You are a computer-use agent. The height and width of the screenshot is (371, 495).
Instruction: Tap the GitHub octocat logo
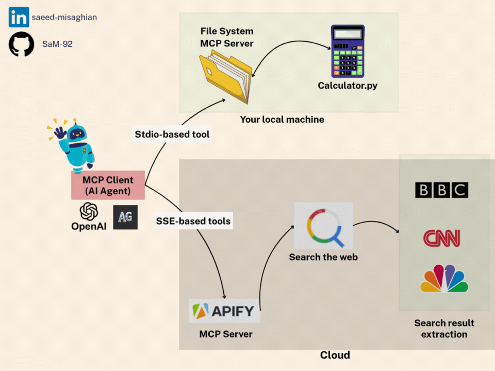point(21,44)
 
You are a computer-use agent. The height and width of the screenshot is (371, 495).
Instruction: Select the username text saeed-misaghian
point(64,18)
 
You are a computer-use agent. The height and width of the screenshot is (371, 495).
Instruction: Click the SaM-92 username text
point(57,44)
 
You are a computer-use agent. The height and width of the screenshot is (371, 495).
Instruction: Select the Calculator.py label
point(348,85)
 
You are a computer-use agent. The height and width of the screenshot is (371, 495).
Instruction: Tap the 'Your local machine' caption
point(282,120)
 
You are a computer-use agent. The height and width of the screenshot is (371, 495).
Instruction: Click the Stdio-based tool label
point(172,134)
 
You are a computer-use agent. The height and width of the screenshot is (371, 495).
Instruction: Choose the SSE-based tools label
point(193,221)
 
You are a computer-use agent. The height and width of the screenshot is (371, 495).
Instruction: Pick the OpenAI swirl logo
point(89,212)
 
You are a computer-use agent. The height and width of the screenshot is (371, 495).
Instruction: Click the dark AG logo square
point(125,217)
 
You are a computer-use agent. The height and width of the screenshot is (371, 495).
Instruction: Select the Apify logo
point(224,311)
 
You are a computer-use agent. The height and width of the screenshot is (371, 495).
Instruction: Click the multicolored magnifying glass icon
point(323,226)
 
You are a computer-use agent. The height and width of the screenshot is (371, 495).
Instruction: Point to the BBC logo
point(441,190)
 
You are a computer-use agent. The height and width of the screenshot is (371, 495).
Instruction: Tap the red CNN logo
point(441,238)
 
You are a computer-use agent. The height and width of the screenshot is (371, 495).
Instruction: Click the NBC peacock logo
point(444,279)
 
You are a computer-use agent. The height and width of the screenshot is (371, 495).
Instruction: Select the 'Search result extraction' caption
point(444,328)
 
